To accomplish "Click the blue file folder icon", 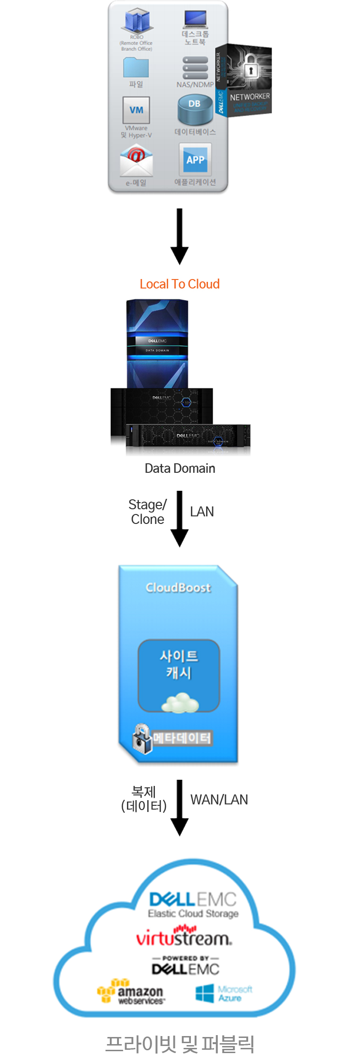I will coord(136,68).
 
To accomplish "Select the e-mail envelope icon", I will coord(136,161).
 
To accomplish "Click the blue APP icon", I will coord(195,160).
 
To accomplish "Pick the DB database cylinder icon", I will coord(195,110).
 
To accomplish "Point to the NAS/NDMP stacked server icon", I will coord(195,68).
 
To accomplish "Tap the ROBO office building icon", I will coord(137,21).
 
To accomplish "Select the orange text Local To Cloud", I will coord(180,284).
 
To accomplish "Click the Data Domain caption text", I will coord(180,468).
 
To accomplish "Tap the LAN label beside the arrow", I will coord(202,512).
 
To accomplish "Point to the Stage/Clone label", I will coord(148,512).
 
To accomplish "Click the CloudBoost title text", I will coord(178,587).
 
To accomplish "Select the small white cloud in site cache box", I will coord(180,702).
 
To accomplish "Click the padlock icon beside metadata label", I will coord(141,738).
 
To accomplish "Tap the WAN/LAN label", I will coord(219,800).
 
